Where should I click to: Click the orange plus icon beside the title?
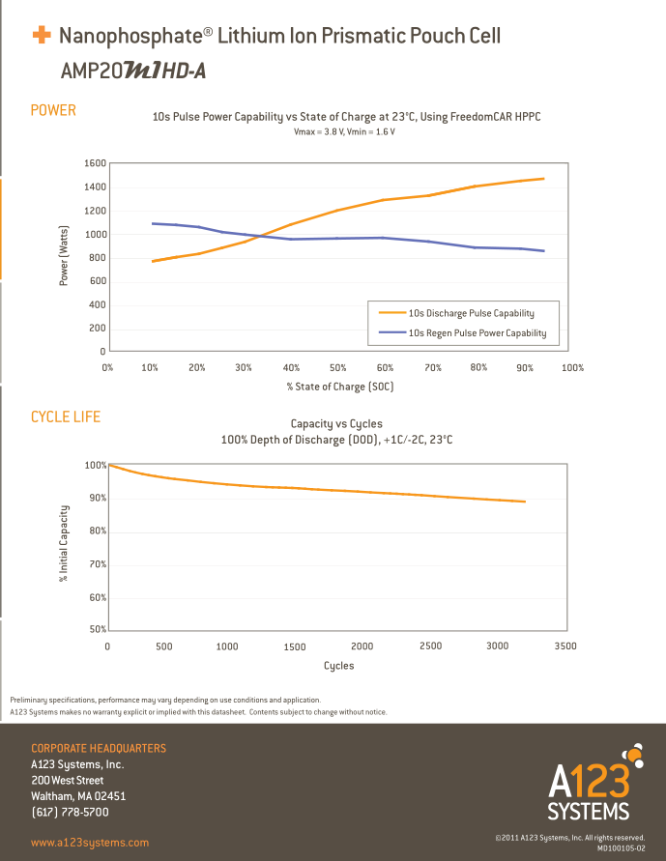[42, 36]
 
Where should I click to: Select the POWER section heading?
[53, 110]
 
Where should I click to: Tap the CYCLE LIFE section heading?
[66, 416]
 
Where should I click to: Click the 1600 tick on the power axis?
[94, 163]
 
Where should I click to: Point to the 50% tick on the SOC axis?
[338, 367]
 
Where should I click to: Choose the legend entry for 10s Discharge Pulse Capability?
[471, 313]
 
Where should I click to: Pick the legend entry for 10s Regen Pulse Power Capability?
[477, 333]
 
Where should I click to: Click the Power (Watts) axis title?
[64, 255]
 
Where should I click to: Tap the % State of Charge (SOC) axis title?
[339, 386]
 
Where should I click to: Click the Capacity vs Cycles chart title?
[336, 423]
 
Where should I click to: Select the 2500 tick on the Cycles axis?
[430, 646]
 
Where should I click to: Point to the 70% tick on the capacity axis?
[96, 564]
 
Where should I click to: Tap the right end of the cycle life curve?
[525, 502]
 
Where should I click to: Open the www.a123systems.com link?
[90, 843]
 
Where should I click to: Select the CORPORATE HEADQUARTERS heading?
[99, 748]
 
